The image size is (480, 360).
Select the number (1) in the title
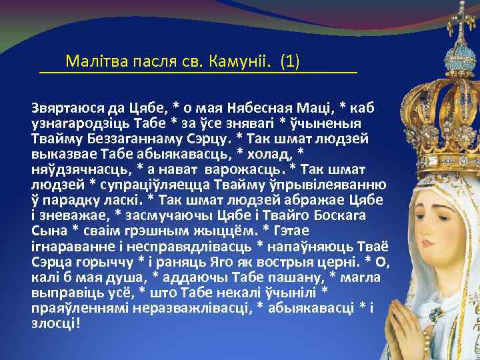coord(290,63)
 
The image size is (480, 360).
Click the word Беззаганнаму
coord(123,139)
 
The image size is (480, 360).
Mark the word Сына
coord(47,231)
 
